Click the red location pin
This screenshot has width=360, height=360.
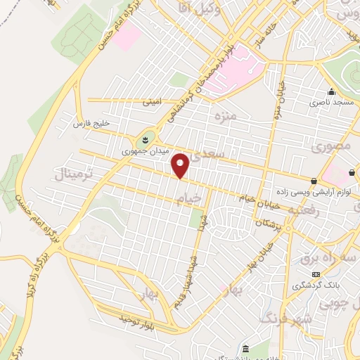pos(181,165)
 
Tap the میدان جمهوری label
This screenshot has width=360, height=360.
pos(141,151)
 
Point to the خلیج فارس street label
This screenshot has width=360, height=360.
pos(92,124)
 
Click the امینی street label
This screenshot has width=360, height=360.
pos(152,102)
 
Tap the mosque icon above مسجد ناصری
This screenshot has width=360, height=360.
pos(330,92)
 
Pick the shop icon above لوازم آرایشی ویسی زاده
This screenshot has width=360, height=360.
pos(314,181)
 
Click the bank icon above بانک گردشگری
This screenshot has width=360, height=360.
pos(316,274)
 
